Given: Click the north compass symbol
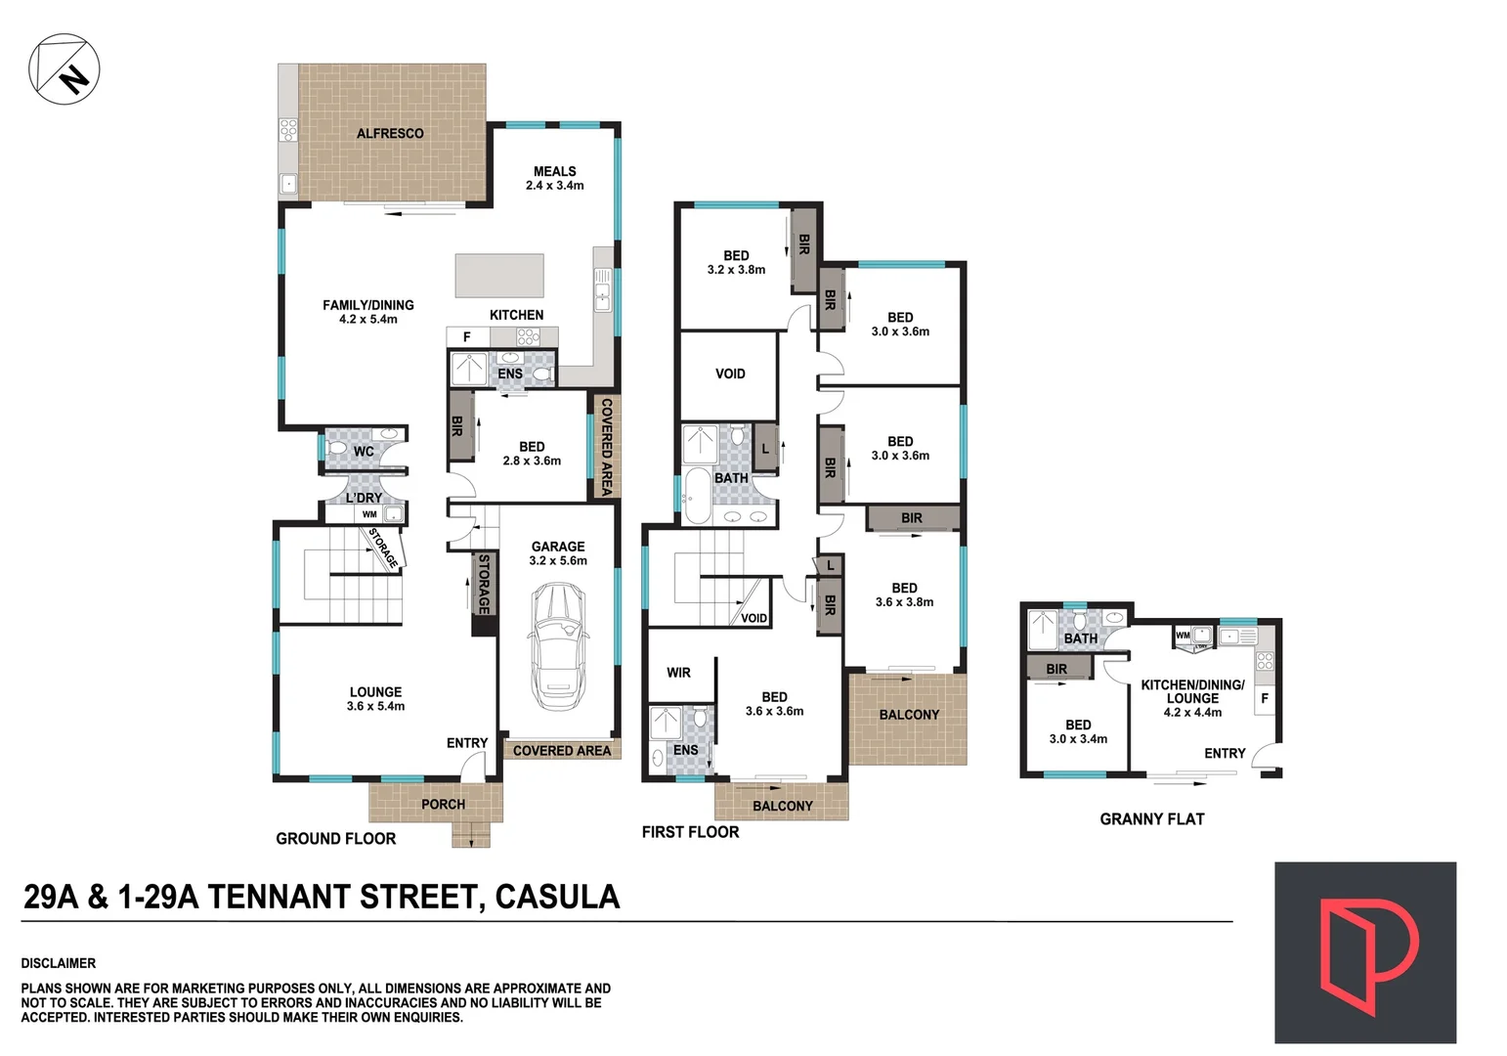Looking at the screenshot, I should click(x=65, y=67).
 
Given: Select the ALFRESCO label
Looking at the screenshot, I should click(x=390, y=133).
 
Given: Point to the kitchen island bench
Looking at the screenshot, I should click(x=498, y=275).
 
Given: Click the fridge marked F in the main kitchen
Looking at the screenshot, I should click(x=467, y=336).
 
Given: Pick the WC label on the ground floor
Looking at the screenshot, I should click(x=364, y=451).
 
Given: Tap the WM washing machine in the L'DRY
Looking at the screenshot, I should click(x=369, y=514).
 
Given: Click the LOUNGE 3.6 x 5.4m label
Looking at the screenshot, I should click(x=375, y=698).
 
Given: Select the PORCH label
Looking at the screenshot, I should click(x=443, y=804).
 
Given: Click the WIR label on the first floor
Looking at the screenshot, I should click(x=678, y=673).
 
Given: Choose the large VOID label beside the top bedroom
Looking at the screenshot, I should click(x=730, y=374).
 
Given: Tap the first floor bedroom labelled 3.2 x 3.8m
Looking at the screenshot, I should click(x=736, y=262).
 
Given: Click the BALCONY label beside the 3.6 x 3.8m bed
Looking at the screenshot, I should click(x=909, y=715).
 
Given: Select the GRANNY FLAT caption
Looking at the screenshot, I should click(x=1151, y=819).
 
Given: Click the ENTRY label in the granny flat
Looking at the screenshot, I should click(x=1225, y=753).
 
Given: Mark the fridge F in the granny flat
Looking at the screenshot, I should click(x=1265, y=698).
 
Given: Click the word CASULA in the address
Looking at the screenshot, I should click(x=557, y=897).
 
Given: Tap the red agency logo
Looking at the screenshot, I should click(x=1364, y=952).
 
